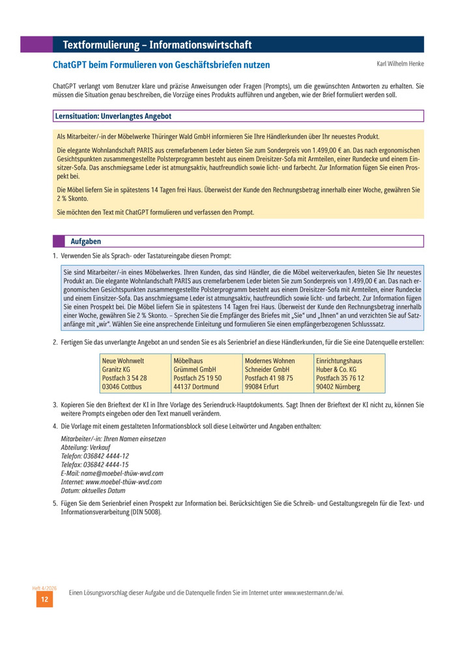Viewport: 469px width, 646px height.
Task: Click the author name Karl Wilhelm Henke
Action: tap(400, 64)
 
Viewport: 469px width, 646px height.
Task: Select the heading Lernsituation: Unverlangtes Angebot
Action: tap(113, 116)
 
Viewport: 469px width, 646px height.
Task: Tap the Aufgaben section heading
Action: tap(85, 242)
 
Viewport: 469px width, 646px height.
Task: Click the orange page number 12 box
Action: tap(44, 600)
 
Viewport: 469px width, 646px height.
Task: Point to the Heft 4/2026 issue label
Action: tap(44, 588)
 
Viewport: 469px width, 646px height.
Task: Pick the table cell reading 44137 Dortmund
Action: tap(197, 386)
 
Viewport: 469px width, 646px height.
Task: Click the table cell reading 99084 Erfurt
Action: tap(262, 386)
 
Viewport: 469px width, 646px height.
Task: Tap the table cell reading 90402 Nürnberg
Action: tap(337, 386)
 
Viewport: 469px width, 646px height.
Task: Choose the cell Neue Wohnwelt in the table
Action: tap(123, 361)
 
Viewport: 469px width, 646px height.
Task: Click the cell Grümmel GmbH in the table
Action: tap(195, 369)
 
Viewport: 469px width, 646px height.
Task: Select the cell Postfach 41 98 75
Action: tap(269, 378)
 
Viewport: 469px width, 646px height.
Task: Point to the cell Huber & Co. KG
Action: tap(336, 369)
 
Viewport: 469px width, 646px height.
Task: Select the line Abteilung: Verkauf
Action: tap(85, 448)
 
